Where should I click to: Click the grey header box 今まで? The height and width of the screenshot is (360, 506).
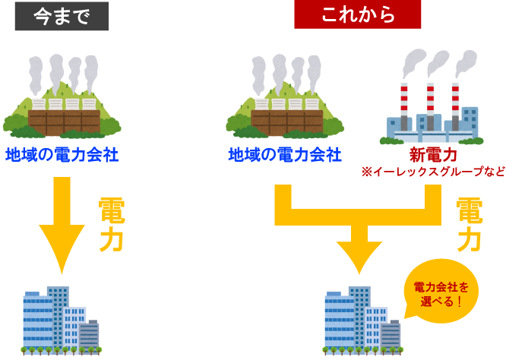(x=62, y=16)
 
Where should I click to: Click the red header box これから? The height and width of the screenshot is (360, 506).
(x=358, y=14)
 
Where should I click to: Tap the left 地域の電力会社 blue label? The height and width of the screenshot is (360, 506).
(x=62, y=155)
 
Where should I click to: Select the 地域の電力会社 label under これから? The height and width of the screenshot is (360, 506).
(x=285, y=155)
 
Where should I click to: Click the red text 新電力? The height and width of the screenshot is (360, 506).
(x=433, y=155)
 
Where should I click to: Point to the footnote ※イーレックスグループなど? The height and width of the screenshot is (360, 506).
(x=433, y=172)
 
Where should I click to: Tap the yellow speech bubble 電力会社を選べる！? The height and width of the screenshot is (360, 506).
(x=441, y=292)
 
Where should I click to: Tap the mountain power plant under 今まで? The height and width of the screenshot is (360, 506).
(x=62, y=99)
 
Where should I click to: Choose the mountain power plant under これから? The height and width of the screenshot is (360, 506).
(x=286, y=99)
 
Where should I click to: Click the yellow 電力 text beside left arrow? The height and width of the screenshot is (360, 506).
(x=111, y=225)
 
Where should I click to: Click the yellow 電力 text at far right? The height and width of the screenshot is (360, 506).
(x=469, y=225)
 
